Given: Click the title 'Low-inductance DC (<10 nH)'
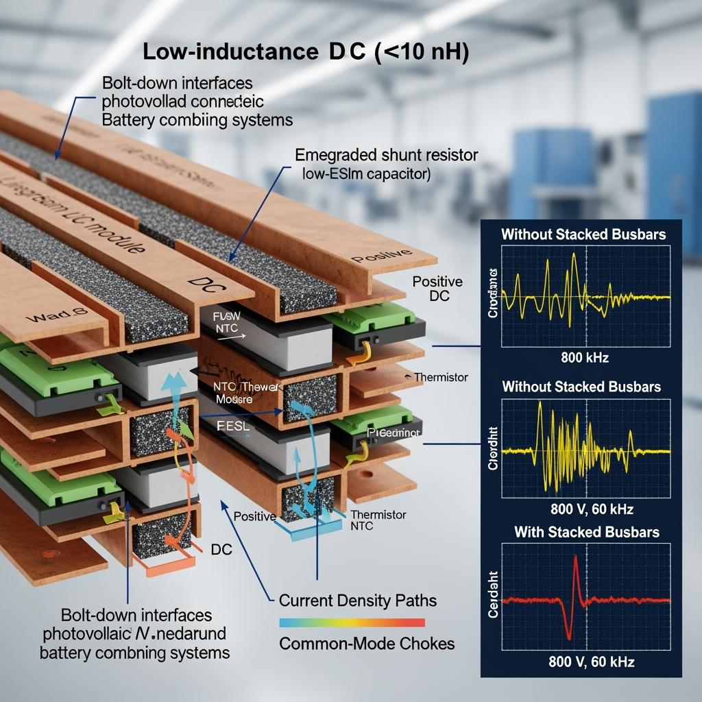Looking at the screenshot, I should coord(306,53).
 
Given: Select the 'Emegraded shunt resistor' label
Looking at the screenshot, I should coord(386,155).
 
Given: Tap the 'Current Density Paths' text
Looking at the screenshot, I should coord(357,601).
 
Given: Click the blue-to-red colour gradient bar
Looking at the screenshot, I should coord(352,622).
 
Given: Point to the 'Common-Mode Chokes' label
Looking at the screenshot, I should coord(367,644).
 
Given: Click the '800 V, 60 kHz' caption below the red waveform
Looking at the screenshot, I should coord(592,662).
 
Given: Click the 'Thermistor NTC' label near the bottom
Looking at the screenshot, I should coord(378,520).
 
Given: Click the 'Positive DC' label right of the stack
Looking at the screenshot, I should coord(437,289).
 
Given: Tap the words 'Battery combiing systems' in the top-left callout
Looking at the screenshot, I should coord(197,119).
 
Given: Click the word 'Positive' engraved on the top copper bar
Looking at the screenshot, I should coord(375,258).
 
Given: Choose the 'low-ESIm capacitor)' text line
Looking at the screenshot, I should coord(366,174).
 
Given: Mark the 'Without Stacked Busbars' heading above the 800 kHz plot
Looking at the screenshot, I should coord(583,234).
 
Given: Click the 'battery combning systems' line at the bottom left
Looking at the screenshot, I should coord(134,651).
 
